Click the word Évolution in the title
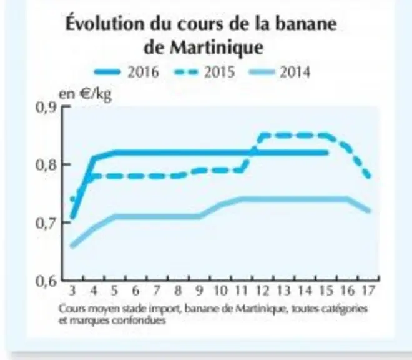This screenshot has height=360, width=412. [x=105, y=23]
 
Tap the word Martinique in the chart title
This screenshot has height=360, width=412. [x=216, y=47]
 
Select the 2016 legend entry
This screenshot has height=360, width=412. [x=127, y=72]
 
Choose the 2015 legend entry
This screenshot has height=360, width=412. [x=204, y=72]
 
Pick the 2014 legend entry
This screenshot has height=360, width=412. [x=280, y=72]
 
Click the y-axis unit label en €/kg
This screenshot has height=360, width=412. [x=85, y=94]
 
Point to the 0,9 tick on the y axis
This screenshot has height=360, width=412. [x=46, y=107]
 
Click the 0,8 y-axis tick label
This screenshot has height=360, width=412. [x=46, y=165]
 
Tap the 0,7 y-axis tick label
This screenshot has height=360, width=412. [x=46, y=223]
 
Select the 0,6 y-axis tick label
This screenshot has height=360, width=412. [x=46, y=281]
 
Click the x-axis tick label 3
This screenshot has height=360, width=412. [x=72, y=291]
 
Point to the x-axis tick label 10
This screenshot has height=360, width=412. [x=220, y=291]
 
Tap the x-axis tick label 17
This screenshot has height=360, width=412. [x=368, y=291]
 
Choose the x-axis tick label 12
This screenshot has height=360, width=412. [x=263, y=291]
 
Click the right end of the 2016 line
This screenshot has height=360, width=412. [x=327, y=152]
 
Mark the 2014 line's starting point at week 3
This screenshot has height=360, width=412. [x=72, y=246]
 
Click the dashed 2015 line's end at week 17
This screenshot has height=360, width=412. [x=370, y=177]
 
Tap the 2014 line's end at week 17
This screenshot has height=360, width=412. [x=370, y=211]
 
